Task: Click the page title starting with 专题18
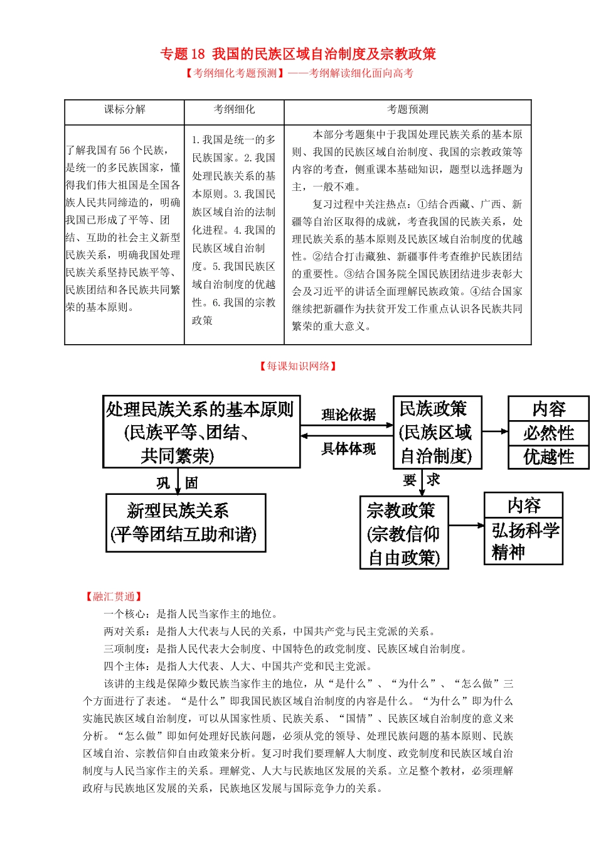click(298, 54)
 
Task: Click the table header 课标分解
click(124, 109)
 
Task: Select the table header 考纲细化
click(234, 109)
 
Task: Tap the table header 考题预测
click(407, 109)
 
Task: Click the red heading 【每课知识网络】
click(298, 366)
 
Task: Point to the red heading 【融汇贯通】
click(114, 597)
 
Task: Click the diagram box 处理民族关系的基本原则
click(201, 432)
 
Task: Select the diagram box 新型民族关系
click(186, 522)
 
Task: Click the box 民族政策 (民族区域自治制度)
click(437, 432)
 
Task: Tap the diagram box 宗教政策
click(403, 533)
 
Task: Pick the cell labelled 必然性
click(548, 433)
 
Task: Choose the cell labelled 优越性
click(548, 457)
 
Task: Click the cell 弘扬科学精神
click(524, 541)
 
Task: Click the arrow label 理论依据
click(348, 415)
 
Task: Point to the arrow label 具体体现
click(348, 448)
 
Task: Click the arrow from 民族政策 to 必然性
click(495, 431)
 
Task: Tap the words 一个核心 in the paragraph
click(125, 614)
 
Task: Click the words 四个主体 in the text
click(125, 666)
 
